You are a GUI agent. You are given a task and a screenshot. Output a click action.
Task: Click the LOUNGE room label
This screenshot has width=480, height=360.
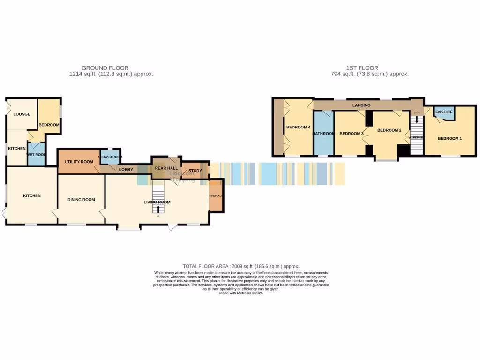coord(22,114)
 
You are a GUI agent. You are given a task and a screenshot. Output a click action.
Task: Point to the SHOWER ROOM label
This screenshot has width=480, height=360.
coord(110,157)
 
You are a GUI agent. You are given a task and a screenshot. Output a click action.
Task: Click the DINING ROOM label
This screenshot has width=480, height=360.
coord(81,200)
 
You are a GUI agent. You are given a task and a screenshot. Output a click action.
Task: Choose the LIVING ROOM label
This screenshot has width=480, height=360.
coord(157,202)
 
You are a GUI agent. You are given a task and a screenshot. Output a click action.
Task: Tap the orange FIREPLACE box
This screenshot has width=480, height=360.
coord(216,195)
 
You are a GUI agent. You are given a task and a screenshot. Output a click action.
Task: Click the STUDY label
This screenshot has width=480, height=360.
coord(195,170)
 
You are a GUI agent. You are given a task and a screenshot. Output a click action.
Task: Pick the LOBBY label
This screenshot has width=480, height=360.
coord(126,169)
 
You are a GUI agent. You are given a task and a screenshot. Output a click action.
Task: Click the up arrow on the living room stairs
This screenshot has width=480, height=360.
coord(158,209)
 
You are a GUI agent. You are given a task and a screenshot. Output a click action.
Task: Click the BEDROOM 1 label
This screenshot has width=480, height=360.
coord(450,138)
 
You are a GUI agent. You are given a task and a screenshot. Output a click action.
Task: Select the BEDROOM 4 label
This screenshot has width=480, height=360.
coord(298,127)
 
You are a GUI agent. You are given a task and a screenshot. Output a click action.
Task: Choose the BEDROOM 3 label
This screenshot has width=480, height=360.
coord(351,134)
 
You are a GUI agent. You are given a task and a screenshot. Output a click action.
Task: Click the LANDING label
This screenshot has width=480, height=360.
coord(361,105)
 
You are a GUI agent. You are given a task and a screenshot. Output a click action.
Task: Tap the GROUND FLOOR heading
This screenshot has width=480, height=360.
coord(105,68)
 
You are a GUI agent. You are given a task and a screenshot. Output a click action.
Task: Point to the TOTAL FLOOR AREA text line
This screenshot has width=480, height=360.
coord(241,266)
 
